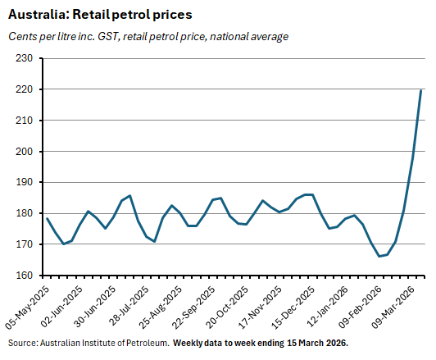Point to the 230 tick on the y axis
click(x=24, y=58)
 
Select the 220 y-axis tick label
click(x=24, y=89)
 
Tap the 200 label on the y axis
click(x=24, y=152)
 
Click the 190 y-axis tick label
click(x=24, y=183)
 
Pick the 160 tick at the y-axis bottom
click(x=24, y=276)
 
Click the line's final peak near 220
click(x=421, y=90)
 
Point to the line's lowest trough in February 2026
click(x=379, y=256)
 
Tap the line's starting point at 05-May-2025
click(x=47, y=218)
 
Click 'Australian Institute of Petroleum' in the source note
click(x=101, y=342)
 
